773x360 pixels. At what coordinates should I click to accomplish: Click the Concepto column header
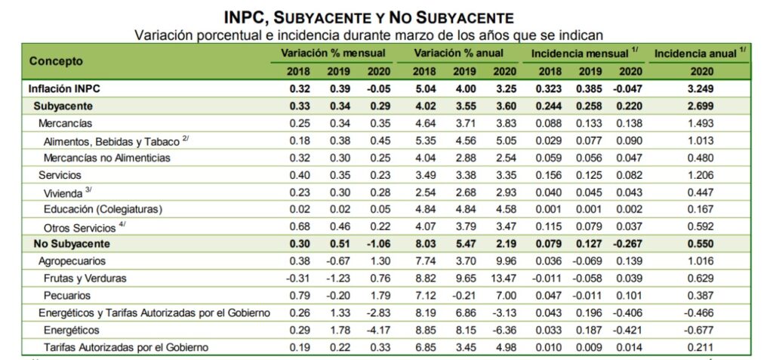(56, 61)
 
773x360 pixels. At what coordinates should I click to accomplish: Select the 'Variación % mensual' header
(333, 54)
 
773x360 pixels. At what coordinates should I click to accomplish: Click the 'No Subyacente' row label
(72, 244)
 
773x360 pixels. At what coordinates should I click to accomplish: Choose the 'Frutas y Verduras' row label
(85, 278)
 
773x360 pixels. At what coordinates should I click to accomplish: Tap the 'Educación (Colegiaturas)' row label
(103, 209)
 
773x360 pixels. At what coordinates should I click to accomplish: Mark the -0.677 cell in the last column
(701, 331)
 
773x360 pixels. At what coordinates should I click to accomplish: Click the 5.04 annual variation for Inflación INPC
(424, 89)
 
